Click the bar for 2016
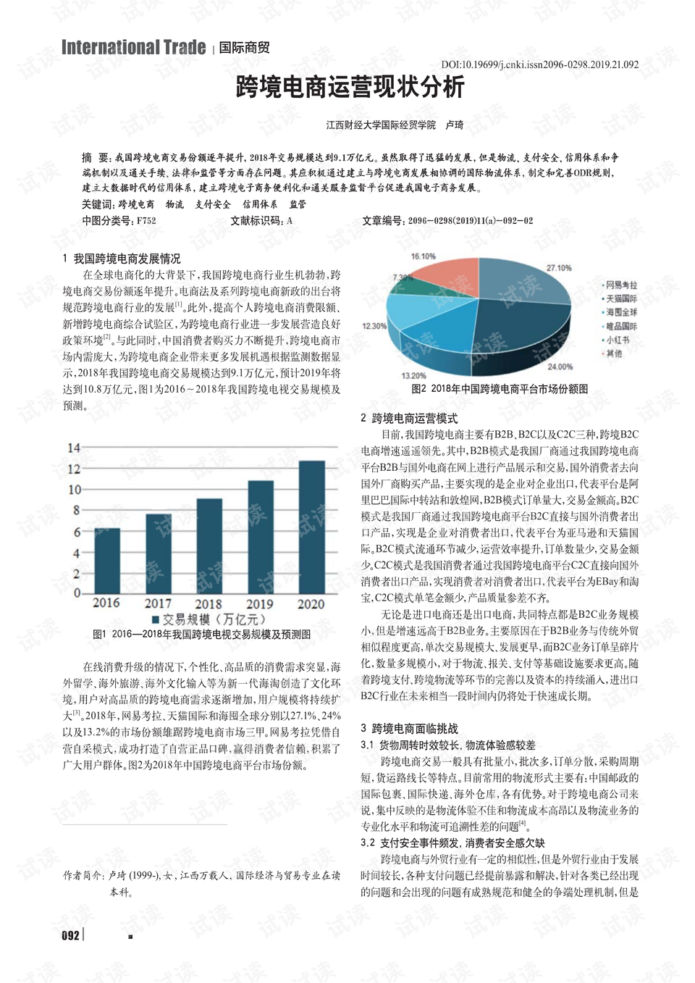tap(107, 561)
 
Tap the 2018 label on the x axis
tap(208, 603)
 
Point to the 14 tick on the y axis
tap(74, 448)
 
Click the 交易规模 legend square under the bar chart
tap(155, 619)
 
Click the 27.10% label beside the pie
tap(559, 268)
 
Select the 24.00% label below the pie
tap(560, 367)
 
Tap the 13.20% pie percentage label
tap(413, 375)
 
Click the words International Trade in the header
tap(134, 48)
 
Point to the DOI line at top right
tap(539, 64)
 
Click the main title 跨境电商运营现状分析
tap(350, 88)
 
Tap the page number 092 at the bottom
tap(70, 935)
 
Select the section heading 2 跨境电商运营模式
tap(410, 418)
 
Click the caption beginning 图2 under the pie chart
tap(500, 388)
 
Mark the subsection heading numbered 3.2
tap(452, 842)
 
